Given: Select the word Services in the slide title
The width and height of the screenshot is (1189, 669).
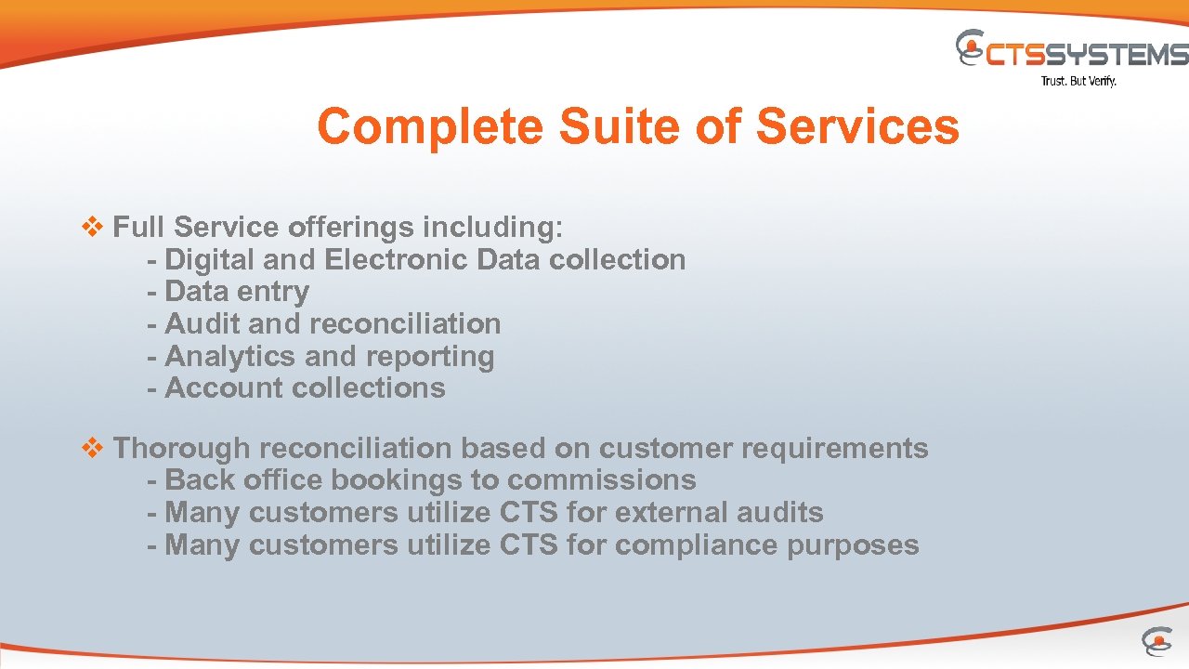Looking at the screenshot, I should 856,127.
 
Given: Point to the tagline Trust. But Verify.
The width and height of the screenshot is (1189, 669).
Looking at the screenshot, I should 1078,82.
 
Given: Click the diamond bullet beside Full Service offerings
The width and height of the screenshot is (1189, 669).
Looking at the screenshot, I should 93,227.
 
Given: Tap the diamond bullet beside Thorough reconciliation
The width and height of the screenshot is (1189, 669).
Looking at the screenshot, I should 93,449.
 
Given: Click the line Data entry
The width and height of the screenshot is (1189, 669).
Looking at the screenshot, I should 228,292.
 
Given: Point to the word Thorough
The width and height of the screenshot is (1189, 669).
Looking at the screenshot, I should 182,449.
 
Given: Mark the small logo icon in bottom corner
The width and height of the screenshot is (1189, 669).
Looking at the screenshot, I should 1156,641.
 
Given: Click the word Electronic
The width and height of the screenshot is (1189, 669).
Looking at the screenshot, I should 397,260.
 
